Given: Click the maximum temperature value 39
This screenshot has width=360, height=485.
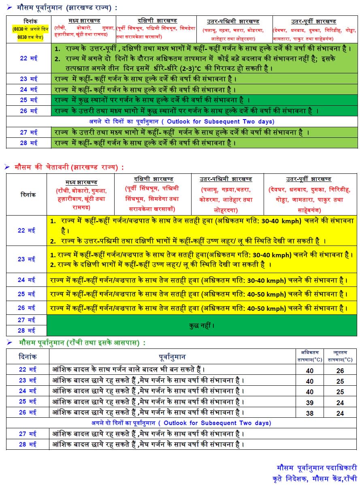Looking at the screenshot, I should coord(309,402).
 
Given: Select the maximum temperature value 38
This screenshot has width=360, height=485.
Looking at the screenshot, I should coord(309,412).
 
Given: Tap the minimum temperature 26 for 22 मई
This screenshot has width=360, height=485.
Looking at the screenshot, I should coord(340,370).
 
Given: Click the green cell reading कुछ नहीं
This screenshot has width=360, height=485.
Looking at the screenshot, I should coord(202,325).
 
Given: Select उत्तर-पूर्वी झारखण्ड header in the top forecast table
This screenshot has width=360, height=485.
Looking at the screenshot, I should coord(313,21).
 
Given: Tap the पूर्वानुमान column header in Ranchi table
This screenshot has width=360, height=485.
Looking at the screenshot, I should coord(172,357).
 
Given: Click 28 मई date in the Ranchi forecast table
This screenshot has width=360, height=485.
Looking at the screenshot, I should coord(28,444).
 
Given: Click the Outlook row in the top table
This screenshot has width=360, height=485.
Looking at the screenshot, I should coord(182,121).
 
